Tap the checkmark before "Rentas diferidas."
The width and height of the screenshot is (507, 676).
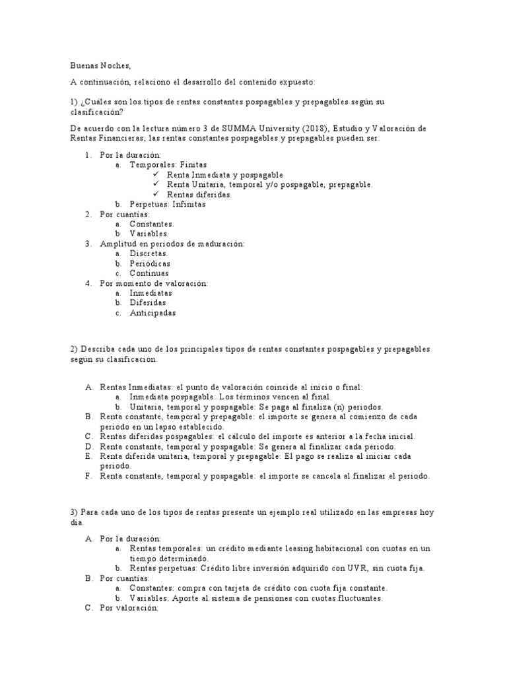click(157, 194)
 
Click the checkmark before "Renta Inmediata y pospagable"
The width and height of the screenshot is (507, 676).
click(157, 174)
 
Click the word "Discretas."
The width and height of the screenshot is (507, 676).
click(149, 253)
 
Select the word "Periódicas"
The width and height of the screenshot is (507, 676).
click(150, 263)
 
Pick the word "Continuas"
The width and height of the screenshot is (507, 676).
click(149, 273)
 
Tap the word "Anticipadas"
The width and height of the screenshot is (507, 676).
click(152, 313)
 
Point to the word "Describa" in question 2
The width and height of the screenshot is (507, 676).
click(100, 349)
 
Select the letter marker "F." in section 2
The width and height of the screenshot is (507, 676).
click(88, 476)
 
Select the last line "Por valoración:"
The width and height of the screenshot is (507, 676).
click(129, 607)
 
